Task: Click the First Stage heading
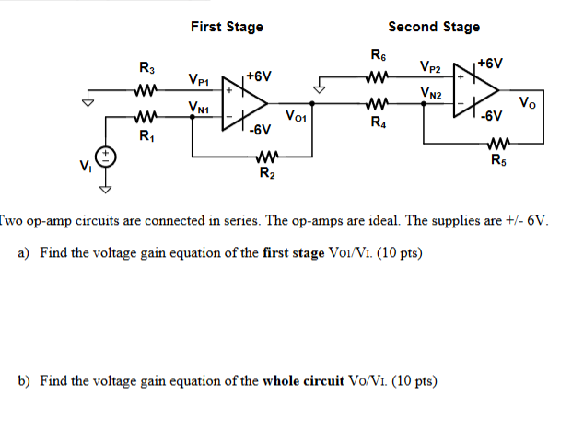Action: (227, 27)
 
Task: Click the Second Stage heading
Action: (434, 27)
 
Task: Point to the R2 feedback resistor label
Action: (266, 172)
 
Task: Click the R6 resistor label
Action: (377, 54)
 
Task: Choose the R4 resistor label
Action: (378, 122)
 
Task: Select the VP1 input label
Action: (200, 80)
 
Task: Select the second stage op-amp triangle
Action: (474, 89)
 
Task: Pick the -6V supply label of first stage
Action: (259, 129)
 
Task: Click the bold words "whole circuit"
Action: (307, 380)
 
